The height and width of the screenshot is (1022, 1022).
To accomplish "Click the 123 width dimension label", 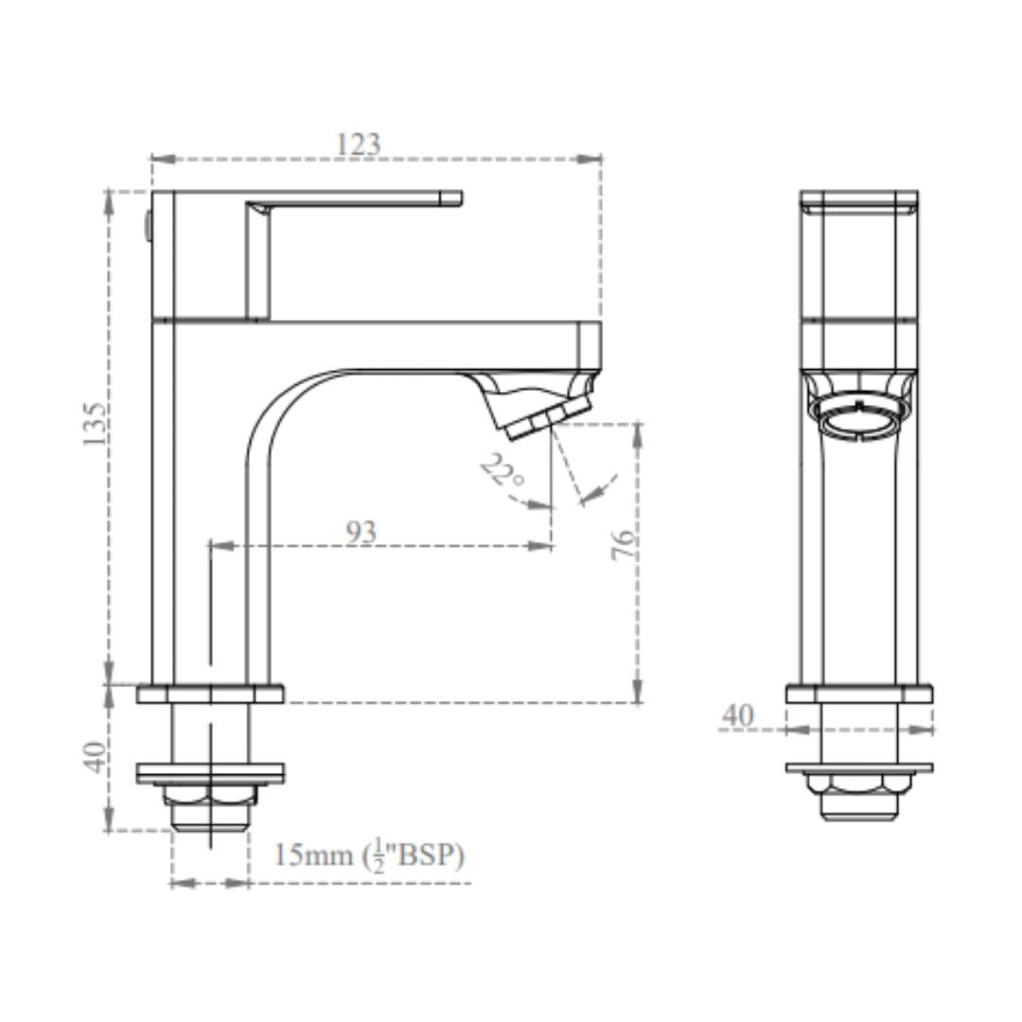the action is [x=358, y=144].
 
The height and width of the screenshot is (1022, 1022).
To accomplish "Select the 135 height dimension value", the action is [x=94, y=424].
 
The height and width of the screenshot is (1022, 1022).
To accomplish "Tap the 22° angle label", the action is [x=502, y=470].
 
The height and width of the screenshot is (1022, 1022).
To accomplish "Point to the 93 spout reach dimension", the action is [x=361, y=533].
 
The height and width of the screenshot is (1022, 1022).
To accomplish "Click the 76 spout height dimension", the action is [x=624, y=544].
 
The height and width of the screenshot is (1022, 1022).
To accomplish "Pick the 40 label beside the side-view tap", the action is [x=738, y=715].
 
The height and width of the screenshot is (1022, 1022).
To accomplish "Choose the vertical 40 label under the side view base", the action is [x=96, y=757].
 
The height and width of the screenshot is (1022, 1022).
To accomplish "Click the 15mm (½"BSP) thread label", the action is [x=368, y=855].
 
